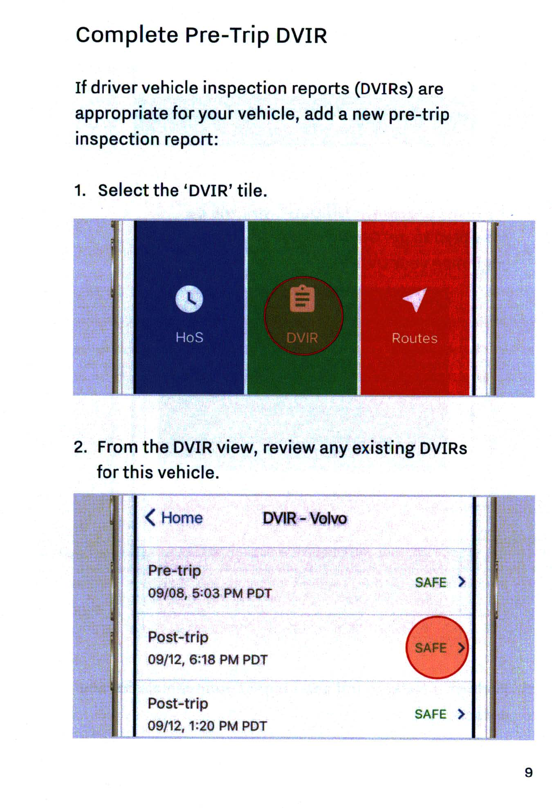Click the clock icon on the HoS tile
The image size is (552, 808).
tap(189, 299)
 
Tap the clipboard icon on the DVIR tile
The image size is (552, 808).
tap(302, 299)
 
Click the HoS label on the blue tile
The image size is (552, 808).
tap(189, 337)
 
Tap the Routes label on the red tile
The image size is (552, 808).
tap(414, 338)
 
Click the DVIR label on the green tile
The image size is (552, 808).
tap(302, 338)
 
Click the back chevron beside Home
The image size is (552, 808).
tap(150, 518)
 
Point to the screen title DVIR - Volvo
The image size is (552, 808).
tap(305, 518)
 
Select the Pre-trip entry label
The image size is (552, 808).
tap(174, 571)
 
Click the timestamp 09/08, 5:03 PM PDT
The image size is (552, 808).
tap(210, 593)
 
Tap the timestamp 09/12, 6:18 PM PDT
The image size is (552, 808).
tap(208, 659)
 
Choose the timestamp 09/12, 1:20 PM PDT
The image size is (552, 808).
tap(207, 726)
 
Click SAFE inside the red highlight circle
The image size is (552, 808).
tap(431, 648)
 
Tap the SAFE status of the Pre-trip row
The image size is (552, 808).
tap(431, 582)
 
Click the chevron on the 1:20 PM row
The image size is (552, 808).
tap(462, 714)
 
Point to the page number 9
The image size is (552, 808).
tap(529, 773)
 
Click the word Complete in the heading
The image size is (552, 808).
tap(127, 35)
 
